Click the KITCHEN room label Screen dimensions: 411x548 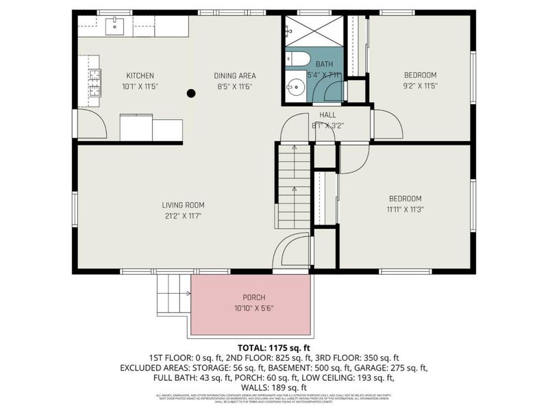tap(140, 75)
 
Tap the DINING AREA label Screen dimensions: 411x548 tap(236, 75)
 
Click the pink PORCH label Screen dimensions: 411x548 tap(251, 297)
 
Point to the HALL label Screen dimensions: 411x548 tap(327, 115)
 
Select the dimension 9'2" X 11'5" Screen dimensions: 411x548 tap(420, 86)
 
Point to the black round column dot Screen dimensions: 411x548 tap(191, 93)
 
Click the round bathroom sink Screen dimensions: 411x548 tap(295, 88)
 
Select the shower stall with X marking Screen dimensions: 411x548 tap(314, 31)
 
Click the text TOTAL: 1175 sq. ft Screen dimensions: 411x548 tap(273, 347)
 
